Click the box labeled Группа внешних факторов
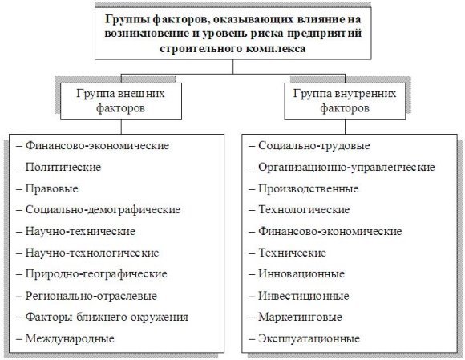[121, 101]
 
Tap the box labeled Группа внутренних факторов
[345, 101]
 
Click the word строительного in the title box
[200, 48]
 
